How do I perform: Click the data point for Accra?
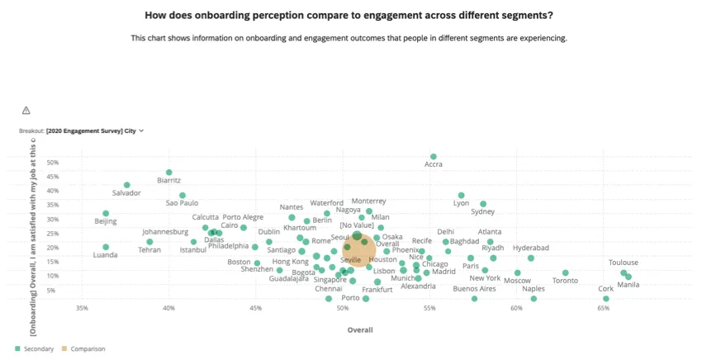coord(434,156)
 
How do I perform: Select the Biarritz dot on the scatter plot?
coord(169,173)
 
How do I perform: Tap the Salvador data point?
coord(127,185)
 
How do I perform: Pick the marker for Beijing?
coord(106,213)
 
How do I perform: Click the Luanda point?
coord(106,247)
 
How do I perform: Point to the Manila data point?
coord(628,277)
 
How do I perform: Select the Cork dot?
coord(606,299)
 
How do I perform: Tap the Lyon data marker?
coord(462,195)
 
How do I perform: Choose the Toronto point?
coord(566,272)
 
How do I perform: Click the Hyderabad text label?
coord(530,248)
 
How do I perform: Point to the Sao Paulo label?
coord(183,203)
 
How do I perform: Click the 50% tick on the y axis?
coord(52,163)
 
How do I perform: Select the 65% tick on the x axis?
coord(604,309)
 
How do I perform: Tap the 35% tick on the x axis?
coord(82,309)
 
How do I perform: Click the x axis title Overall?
coord(359,329)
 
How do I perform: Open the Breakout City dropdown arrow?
coord(142,130)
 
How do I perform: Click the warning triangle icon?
coord(26,111)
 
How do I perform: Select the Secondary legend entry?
coord(34,349)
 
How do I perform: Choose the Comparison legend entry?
coord(85,349)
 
